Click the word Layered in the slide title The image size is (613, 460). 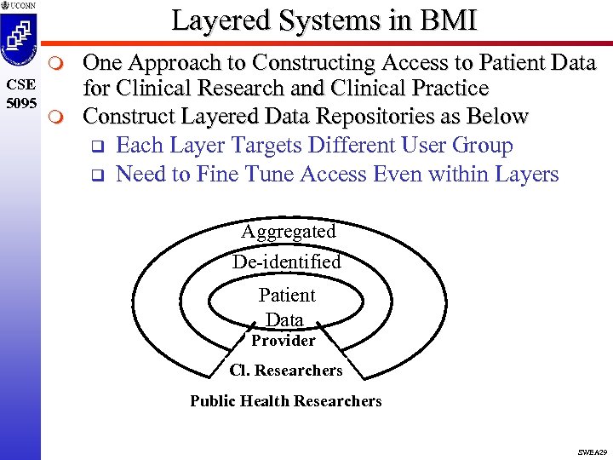click(223, 20)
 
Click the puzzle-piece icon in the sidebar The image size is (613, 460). click(20, 41)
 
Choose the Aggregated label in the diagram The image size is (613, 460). click(289, 231)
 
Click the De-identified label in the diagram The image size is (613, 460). click(287, 262)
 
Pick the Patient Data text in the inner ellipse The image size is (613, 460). click(286, 308)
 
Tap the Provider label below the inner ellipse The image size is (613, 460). click(284, 341)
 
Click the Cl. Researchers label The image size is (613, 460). click(286, 371)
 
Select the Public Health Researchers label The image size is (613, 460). click(286, 401)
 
